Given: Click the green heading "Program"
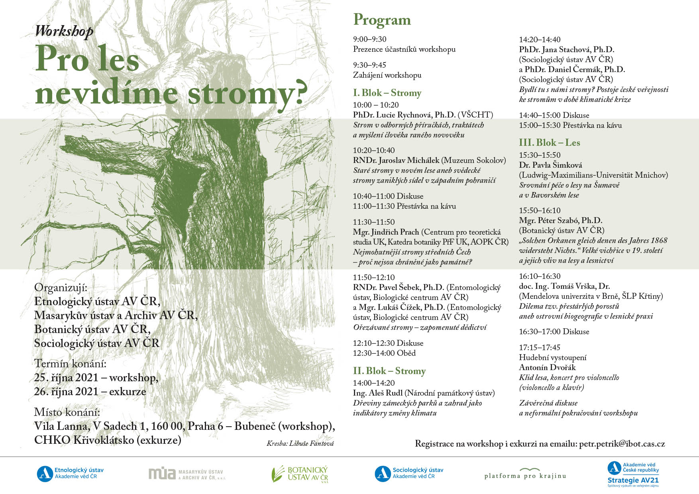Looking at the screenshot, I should coord(382,20).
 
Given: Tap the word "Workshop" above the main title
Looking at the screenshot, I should coord(64,31).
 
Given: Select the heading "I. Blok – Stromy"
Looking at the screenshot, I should coord(387,93).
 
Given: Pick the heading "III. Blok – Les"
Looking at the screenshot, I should coord(549,143).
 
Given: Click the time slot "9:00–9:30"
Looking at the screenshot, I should coord(369,39).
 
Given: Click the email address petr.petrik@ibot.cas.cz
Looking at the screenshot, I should coord(622,443).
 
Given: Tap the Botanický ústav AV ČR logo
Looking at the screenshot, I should coord(300,474).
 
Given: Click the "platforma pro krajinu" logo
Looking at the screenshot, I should coord(525,474).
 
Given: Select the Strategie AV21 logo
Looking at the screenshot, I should coord(633,474).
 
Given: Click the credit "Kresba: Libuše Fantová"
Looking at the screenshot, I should coord(300,443).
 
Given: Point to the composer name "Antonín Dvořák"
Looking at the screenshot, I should coord(547,367).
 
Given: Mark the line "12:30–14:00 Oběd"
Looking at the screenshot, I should coord(384,353).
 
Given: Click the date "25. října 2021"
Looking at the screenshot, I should coord(66,378).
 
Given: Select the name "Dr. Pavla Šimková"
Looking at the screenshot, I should coord(550,165).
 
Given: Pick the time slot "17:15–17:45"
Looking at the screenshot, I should coord(539,347).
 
